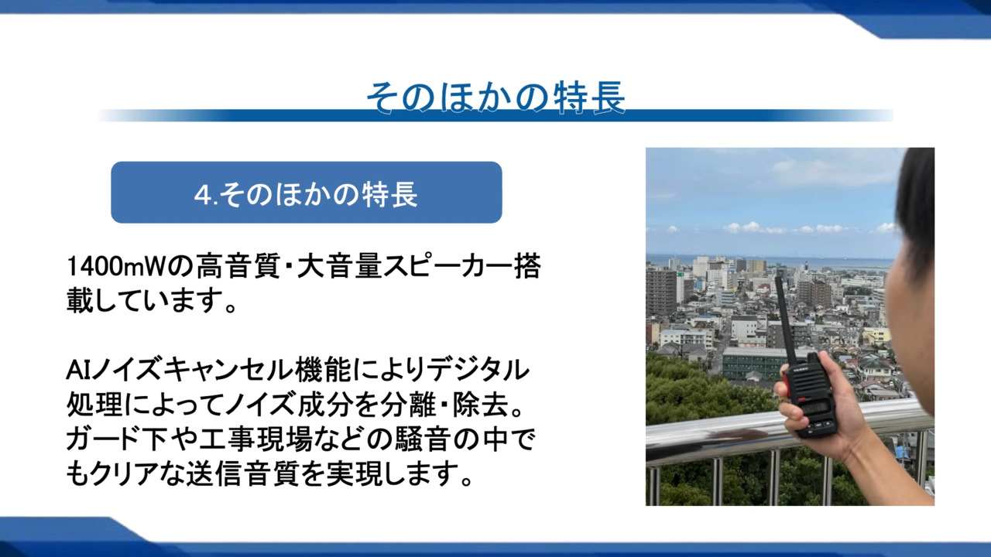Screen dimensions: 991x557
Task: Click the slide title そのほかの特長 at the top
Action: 496,97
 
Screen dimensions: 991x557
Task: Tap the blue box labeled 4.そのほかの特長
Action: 306,193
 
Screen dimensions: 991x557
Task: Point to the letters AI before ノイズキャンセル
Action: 78,370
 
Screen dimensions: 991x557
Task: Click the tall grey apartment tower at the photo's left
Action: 661,291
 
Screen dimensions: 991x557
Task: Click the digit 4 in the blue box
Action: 201,194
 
